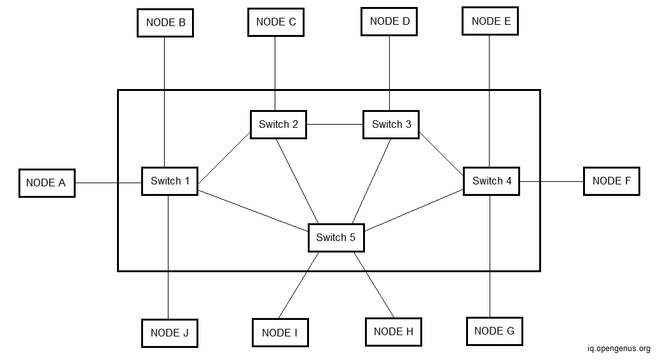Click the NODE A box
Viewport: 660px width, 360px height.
pyautogui.click(x=46, y=183)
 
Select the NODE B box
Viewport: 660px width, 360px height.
pyautogui.click(x=165, y=23)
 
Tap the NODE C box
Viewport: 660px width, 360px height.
pyautogui.click(x=275, y=22)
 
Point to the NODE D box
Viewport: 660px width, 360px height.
pyautogui.click(x=389, y=22)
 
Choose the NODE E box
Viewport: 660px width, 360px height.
pyautogui.click(x=490, y=22)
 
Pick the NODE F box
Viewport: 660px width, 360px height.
pyautogui.click(x=611, y=181)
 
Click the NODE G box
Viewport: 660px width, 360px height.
pyautogui.click(x=494, y=331)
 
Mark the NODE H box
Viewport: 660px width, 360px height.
pyautogui.click(x=393, y=331)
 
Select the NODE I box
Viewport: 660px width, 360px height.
pyautogui.click(x=280, y=333)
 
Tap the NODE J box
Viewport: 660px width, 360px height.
pyautogui.click(x=169, y=333)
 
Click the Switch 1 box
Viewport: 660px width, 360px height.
pyautogui.click(x=170, y=181)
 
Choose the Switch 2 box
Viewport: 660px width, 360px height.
pyautogui.click(x=278, y=125)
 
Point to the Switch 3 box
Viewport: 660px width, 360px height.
pyautogui.click(x=391, y=125)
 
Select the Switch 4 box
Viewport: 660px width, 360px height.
pyautogui.click(x=492, y=181)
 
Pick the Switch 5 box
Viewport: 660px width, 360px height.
pyautogui.click(x=336, y=238)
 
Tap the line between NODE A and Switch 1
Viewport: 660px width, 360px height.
pyautogui.click(x=108, y=183)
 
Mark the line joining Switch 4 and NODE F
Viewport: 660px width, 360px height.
pyautogui.click(x=551, y=181)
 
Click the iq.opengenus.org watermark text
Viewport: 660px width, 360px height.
pyautogui.click(x=618, y=349)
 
